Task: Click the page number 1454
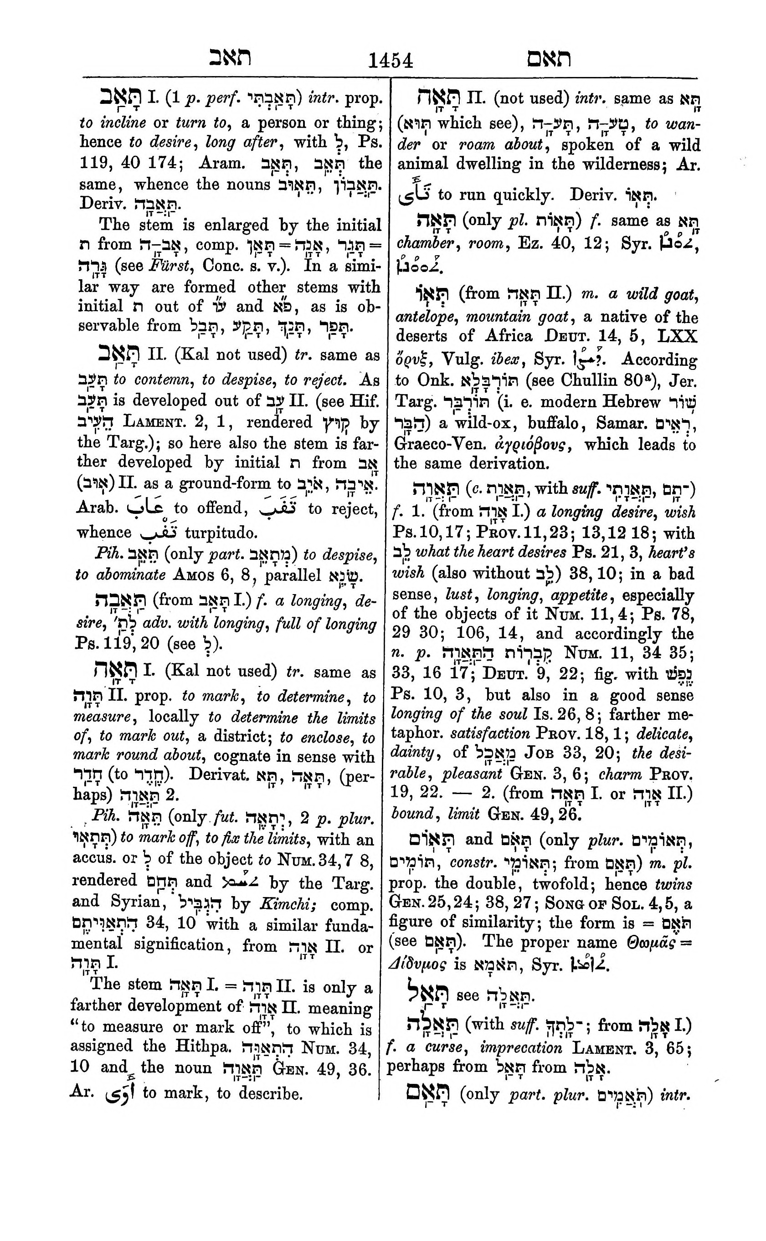[x=390, y=60]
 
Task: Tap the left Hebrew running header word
[x=231, y=58]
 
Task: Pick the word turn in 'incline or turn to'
[x=190, y=123]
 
